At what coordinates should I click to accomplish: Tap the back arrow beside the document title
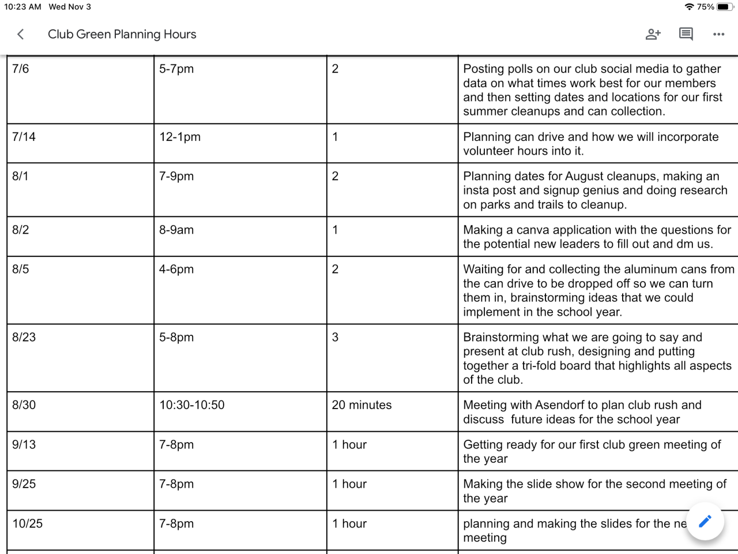(21, 35)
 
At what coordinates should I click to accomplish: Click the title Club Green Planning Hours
(122, 35)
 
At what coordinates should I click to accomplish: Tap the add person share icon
(653, 35)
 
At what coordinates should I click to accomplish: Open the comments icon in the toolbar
(686, 35)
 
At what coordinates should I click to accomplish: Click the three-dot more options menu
(718, 35)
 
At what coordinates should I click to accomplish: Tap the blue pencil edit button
(705, 521)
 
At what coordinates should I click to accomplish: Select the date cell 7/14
(24, 137)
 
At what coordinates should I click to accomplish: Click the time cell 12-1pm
(180, 137)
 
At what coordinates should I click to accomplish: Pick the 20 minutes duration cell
(362, 405)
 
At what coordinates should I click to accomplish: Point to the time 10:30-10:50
(192, 405)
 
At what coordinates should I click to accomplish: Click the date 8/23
(24, 337)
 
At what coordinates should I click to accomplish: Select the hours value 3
(335, 337)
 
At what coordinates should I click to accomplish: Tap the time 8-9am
(176, 230)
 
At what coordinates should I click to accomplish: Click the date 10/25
(28, 523)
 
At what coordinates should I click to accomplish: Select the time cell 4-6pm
(176, 269)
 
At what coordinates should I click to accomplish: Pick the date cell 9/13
(24, 444)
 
